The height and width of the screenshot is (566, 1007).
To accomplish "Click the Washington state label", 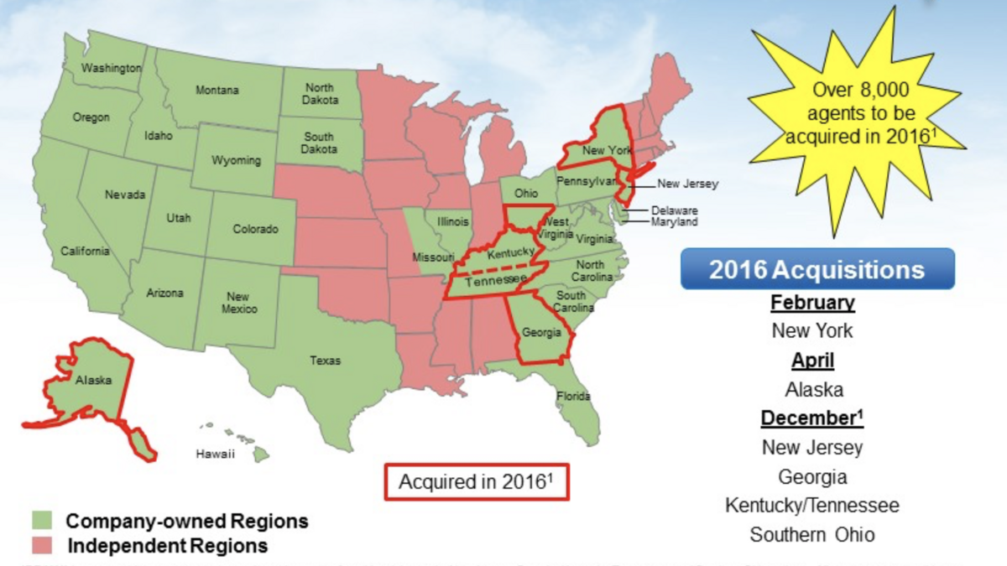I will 112,68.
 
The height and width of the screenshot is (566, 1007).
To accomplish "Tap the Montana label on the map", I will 217,91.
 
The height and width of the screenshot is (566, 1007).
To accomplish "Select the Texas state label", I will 326,361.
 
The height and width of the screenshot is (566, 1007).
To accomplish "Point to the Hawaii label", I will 216,454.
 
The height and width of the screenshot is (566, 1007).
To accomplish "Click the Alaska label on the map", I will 93,380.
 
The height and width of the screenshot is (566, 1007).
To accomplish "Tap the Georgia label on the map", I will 542,332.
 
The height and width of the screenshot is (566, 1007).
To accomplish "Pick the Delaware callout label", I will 674,210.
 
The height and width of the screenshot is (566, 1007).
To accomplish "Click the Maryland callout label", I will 674,222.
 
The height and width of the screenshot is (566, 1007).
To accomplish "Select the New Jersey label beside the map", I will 687,184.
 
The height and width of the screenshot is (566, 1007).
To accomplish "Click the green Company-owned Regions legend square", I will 42,521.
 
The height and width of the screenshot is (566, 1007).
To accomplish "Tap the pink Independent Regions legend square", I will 42,546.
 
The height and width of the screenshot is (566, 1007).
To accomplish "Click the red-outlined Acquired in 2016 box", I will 477,482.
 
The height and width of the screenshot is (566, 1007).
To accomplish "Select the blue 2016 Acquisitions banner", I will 817,270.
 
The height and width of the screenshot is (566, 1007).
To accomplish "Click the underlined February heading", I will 812,303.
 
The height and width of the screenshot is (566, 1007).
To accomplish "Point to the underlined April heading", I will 813,361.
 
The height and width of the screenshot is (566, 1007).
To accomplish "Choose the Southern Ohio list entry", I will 812,535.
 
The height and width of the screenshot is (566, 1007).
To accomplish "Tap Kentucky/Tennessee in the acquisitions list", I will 812,506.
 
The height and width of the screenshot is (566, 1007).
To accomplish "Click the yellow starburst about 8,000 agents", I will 857,113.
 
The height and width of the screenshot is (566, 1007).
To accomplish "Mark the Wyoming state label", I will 236,160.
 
